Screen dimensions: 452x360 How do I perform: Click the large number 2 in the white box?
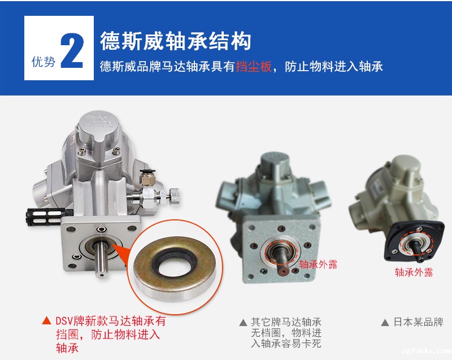[72, 51]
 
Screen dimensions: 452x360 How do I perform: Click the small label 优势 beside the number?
[44, 62]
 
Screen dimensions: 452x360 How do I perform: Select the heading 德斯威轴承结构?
[175, 41]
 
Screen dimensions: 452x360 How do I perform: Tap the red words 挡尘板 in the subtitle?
[254, 67]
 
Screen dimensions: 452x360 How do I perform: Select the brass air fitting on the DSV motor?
[147, 178]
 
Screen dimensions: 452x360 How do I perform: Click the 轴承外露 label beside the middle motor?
[318, 264]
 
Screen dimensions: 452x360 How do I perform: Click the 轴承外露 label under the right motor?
[414, 272]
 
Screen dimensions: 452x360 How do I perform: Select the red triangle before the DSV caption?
[46, 320]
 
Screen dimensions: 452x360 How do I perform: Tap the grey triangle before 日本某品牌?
[385, 322]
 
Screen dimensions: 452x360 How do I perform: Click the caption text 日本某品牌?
[418, 322]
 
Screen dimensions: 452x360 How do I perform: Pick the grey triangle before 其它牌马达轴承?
[244, 322]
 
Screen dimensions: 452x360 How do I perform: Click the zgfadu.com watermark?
[427, 351]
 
